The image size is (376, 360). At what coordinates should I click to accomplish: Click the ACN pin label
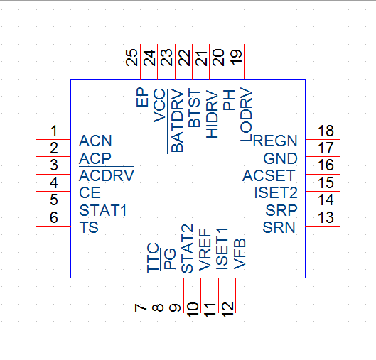pyautogui.click(x=95, y=141)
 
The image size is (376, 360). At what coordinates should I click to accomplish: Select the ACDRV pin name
pyautogui.click(x=107, y=175)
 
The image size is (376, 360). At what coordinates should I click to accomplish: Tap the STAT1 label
pyautogui.click(x=103, y=211)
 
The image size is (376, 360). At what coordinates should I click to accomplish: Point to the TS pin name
pyautogui.click(x=89, y=227)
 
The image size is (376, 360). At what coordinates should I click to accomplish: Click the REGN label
pyautogui.click(x=275, y=141)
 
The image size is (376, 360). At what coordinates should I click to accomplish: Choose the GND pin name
pyautogui.click(x=280, y=158)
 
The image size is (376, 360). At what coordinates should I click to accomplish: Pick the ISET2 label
pyautogui.click(x=276, y=192)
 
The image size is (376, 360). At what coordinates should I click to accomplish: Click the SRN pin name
pyautogui.click(x=279, y=227)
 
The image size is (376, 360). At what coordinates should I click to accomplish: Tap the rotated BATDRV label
pyautogui.click(x=177, y=121)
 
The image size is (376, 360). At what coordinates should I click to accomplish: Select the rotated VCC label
pyautogui.click(x=159, y=105)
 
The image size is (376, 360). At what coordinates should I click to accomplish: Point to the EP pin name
pyautogui.click(x=142, y=97)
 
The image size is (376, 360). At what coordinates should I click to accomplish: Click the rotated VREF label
pyautogui.click(x=205, y=249)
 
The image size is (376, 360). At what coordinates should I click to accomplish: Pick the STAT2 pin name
pyautogui.click(x=187, y=249)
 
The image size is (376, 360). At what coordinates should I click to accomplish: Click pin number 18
pyautogui.click(x=326, y=131)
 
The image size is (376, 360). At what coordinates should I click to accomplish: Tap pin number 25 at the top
pyautogui.click(x=131, y=58)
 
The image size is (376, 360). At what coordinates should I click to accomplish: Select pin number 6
pyautogui.click(x=54, y=217)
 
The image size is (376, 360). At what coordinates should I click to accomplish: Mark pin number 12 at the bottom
pyautogui.click(x=227, y=310)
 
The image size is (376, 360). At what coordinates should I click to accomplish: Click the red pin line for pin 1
pyautogui.click(x=53, y=139)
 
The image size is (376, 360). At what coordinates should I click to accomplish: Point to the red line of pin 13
pyautogui.click(x=322, y=226)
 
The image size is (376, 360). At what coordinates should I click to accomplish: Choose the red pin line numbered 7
pyautogui.click(x=149, y=295)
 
